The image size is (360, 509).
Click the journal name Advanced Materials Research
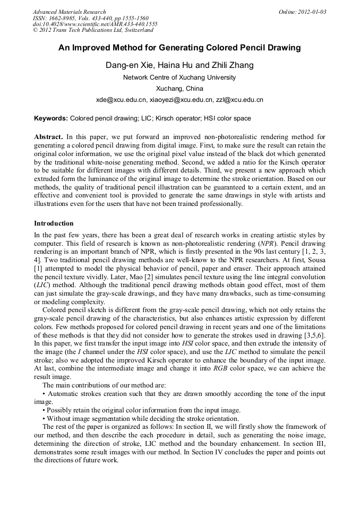(x=69, y=12)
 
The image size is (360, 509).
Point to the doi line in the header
(x=95, y=24)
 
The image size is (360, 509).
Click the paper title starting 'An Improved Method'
(x=179, y=48)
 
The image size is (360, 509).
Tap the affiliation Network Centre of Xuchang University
(x=179, y=77)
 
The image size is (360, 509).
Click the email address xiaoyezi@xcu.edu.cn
(x=182, y=100)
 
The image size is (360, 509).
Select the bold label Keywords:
(x=51, y=118)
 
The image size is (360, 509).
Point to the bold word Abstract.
(x=48, y=136)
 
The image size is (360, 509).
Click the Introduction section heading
(x=54, y=223)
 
